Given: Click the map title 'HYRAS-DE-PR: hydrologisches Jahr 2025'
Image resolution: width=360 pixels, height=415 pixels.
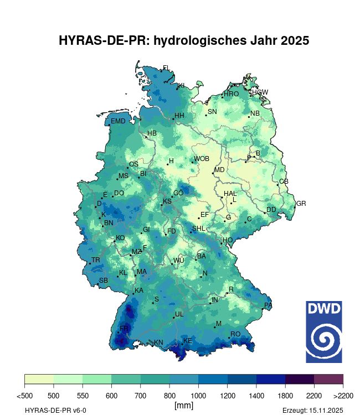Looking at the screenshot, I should (183, 41).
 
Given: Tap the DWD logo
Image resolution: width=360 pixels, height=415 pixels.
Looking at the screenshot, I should (324, 331).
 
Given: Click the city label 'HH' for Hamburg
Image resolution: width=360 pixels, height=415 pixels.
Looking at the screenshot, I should (179, 116).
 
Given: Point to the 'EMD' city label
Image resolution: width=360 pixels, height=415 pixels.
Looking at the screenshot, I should (118, 121).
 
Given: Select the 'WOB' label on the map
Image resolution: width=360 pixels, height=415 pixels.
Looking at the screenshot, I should (202, 159).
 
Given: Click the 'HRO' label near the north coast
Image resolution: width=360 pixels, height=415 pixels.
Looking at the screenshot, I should (231, 94).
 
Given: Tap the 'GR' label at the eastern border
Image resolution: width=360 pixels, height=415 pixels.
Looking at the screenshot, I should (301, 204).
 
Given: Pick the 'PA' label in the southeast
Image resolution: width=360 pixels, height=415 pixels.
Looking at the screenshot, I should (268, 305).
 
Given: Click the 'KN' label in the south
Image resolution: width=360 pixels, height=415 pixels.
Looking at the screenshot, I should (158, 343).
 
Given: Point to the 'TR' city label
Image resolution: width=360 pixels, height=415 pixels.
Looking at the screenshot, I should (96, 260).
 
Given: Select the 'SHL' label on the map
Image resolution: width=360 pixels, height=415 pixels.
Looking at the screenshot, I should (199, 229).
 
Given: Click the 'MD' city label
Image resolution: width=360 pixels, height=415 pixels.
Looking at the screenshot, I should (219, 170).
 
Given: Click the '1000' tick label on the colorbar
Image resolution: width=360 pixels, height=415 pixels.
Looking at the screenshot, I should (198, 396).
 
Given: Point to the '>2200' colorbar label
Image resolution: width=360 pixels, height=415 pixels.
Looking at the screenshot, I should (343, 396).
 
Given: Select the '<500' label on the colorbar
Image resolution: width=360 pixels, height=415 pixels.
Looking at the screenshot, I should (24, 396).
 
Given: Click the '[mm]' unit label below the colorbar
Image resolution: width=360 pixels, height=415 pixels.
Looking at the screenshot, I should (183, 406).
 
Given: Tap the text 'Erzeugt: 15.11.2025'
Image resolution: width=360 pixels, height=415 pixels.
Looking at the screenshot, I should (312, 410).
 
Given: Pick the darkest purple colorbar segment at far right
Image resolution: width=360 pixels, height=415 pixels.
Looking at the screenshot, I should (328, 379).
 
